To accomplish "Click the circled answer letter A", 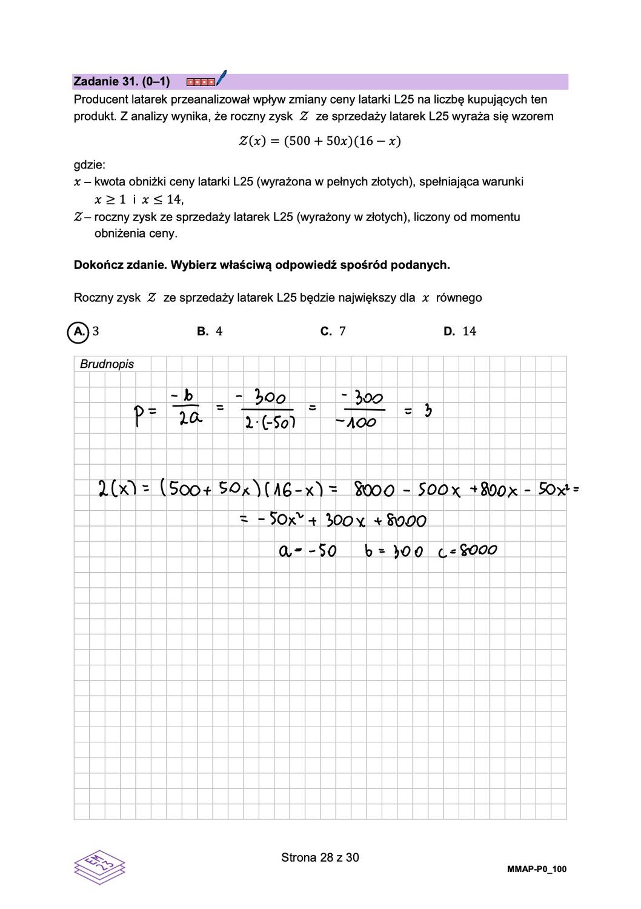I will [78, 331].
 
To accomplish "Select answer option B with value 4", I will [210, 331].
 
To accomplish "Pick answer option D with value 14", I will [460, 331].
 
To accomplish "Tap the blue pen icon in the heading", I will [221, 78].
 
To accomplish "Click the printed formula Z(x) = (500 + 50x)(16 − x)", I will [319, 141].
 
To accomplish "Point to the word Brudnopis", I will [107, 364].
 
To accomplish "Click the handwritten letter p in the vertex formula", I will [139, 416].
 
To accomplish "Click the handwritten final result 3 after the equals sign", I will [428, 411].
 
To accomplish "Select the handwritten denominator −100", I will [357, 422].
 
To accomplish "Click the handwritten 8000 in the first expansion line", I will [374, 490].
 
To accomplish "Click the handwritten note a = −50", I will [308, 551].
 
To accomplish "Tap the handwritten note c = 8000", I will [467, 551].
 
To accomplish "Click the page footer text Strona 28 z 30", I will [320, 857].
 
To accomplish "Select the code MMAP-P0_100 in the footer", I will [536, 869].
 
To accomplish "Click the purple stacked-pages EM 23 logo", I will [99, 867].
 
